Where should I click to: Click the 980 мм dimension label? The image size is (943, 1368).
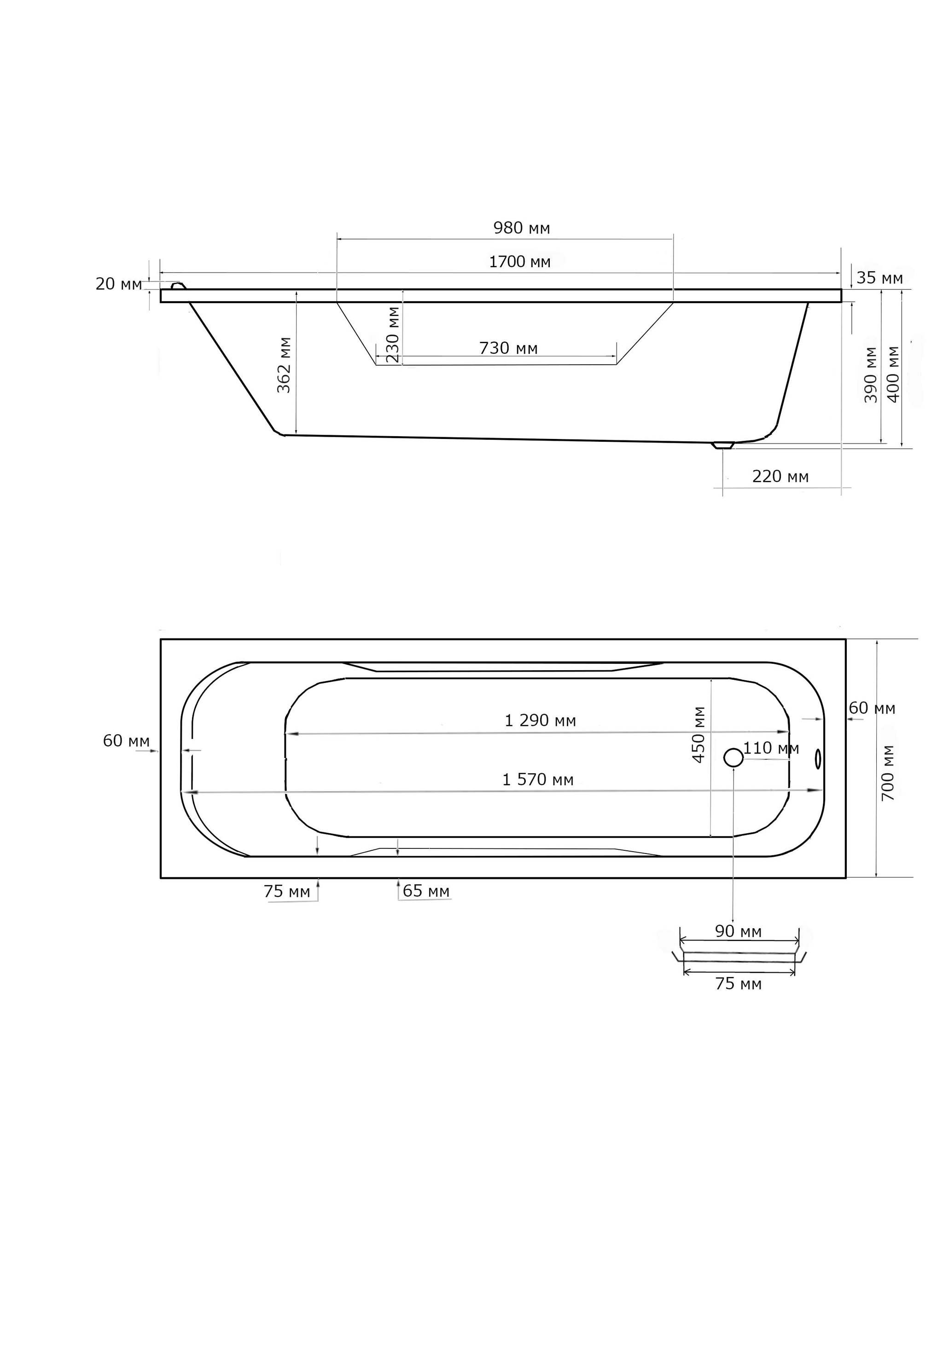click(522, 228)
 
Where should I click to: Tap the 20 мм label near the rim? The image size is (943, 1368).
click(119, 284)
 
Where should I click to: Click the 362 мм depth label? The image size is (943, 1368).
click(285, 365)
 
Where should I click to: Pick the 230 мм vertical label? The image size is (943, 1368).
click(393, 334)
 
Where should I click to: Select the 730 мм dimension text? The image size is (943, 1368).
click(508, 348)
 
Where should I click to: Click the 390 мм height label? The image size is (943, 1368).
click(871, 374)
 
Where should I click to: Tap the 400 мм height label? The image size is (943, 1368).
click(893, 374)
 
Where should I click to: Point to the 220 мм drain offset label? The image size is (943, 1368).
click(780, 476)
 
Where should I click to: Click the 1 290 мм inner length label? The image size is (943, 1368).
click(540, 720)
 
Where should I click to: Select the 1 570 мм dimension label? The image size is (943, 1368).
click(538, 779)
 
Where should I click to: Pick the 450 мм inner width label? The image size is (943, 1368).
click(699, 735)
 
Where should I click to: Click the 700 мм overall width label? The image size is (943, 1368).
click(888, 772)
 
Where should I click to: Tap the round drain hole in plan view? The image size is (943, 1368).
click(733, 758)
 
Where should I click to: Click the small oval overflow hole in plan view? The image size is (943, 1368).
click(818, 759)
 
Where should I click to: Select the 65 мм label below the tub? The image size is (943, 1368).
click(426, 891)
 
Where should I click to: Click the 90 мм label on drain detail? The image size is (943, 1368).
click(738, 931)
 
